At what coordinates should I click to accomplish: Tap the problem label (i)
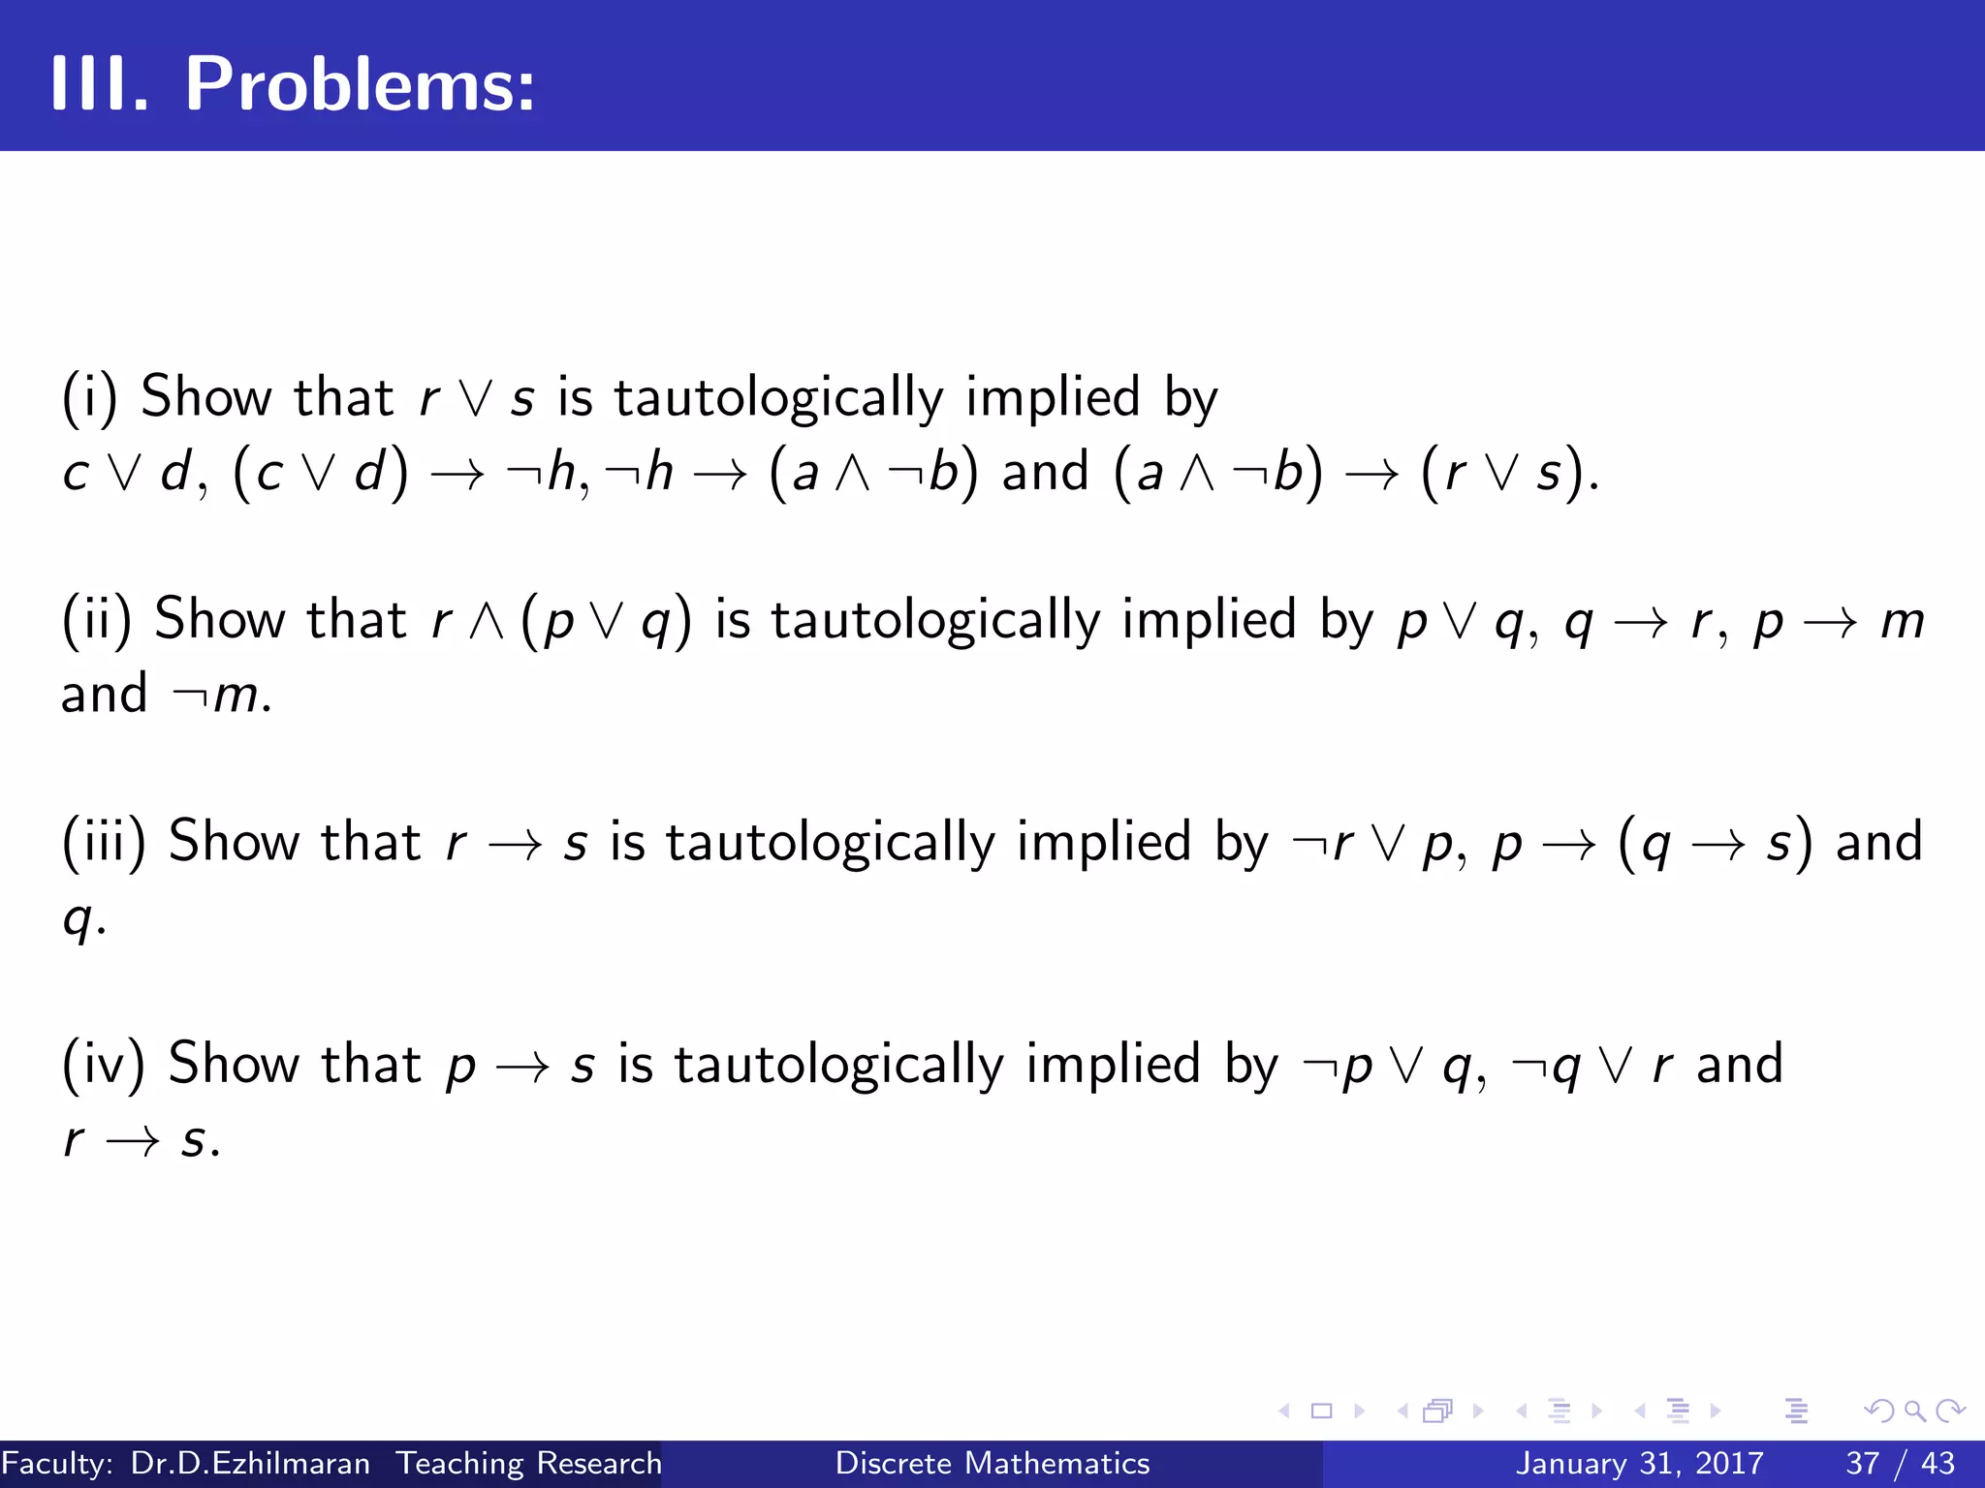coord(89,397)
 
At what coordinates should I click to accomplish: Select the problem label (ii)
coord(96,619)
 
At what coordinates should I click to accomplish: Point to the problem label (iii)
coord(104,841)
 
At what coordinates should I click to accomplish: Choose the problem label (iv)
coord(104,1064)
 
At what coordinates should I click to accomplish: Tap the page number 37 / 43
coord(1900,1463)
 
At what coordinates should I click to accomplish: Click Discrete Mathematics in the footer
coord(992,1463)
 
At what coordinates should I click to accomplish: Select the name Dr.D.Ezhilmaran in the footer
coord(250,1463)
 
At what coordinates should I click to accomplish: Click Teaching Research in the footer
coord(529,1463)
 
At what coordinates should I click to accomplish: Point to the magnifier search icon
coord(1914,1410)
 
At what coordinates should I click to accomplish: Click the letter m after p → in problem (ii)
coord(1902,622)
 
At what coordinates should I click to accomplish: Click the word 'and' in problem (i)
coord(1045,473)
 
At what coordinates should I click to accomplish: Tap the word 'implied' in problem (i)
coord(1053,397)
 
